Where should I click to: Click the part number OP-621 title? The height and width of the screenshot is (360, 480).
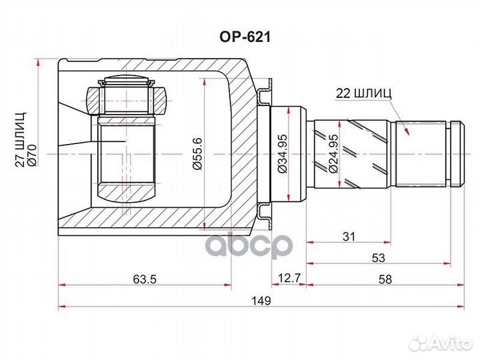coord(241,37)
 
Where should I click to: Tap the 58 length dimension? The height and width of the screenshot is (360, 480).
coord(385,279)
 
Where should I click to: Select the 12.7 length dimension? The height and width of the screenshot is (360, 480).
coord(288,279)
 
